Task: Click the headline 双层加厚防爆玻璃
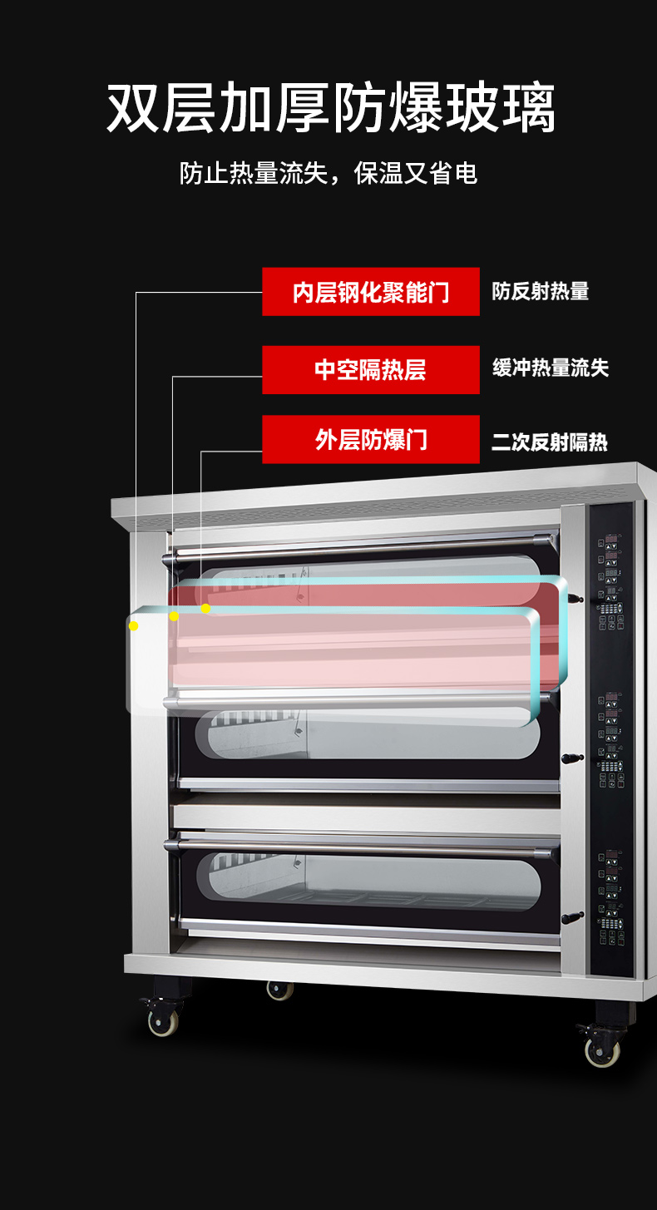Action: [x=331, y=107]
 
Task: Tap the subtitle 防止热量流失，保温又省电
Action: [x=328, y=174]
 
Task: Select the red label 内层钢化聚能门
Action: [x=371, y=292]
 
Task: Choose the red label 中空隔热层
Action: [x=371, y=370]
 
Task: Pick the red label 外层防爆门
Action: [x=371, y=439]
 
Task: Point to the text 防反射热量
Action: [x=541, y=291]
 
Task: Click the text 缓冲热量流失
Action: [x=551, y=368]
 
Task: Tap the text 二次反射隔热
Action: [x=550, y=442]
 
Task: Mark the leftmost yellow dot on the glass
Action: [x=133, y=626]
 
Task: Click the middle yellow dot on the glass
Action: [x=174, y=616]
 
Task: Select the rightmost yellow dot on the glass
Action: [x=206, y=609]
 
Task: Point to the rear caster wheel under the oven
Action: [x=280, y=990]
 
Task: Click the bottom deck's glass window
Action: [x=368, y=881]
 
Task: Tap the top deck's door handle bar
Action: [x=360, y=546]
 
